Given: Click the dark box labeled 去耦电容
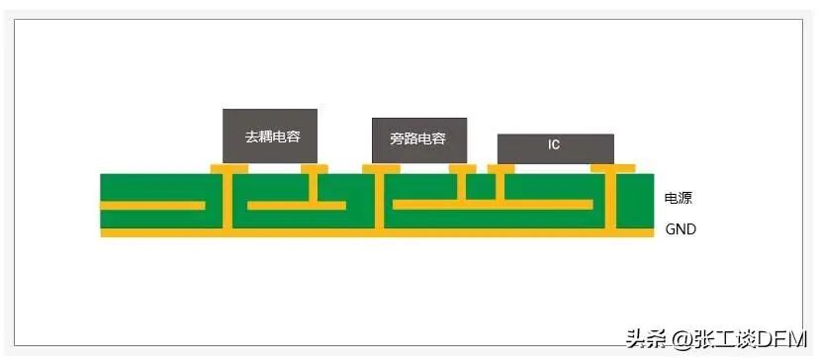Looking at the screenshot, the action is pos(270,136).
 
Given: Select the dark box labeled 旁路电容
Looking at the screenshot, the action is pos(418,140).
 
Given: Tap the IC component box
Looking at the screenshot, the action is pos(555,149).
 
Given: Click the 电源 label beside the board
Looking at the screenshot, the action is pos(679,199).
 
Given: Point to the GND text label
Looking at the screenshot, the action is pos(681,229).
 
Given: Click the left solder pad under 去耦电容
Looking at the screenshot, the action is pos(229,168).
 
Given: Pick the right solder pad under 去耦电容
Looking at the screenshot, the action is pos(315,168).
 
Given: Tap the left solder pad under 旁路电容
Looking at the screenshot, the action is pos(381,168).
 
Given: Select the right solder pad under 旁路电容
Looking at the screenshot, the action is pos(462,168).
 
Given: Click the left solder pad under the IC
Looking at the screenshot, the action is pos(501,168).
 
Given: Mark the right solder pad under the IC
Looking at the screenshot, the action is pos(613,168).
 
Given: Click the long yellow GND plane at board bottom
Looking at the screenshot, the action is pos(377,232).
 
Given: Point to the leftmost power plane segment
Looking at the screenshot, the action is pos(152,206).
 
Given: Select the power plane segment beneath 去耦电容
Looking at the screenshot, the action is pos(297,206).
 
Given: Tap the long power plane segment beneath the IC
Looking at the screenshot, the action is pos(493,205).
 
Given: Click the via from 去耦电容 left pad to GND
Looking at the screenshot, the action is pos(227,201).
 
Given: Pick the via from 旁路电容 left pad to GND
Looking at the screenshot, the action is pos(379,201).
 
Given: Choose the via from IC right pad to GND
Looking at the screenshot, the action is pos(610,201).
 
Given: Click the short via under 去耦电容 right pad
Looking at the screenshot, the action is pos(314,187).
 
